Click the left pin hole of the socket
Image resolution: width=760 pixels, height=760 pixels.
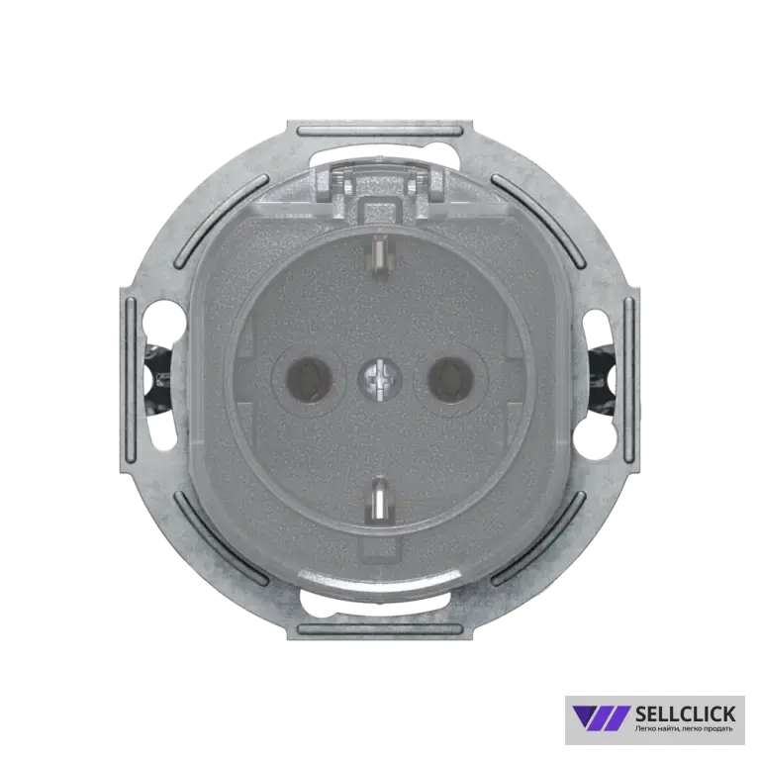coord(307,380)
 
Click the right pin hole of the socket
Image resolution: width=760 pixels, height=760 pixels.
coord(451,380)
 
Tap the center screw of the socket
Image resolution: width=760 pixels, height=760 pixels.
coord(380,380)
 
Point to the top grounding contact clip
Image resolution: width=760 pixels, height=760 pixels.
coord(379,256)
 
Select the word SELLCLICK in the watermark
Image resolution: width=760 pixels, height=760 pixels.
coord(685,713)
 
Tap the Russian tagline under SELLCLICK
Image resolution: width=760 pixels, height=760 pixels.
coord(684,729)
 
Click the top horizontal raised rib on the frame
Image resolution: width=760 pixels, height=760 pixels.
coord(380,131)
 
